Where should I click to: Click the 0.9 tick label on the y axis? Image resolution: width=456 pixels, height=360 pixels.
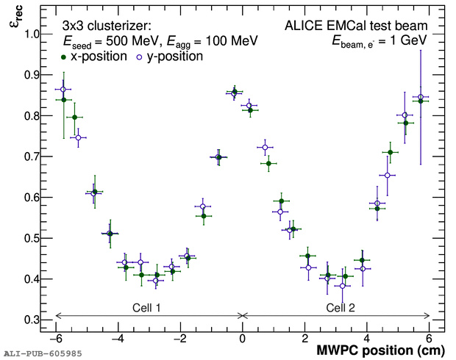point(33,75)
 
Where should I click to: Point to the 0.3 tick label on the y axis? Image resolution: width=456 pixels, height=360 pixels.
point(33,320)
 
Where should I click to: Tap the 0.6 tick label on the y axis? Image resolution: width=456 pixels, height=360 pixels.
point(33,198)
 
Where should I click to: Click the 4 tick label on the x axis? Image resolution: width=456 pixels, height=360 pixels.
point(368,339)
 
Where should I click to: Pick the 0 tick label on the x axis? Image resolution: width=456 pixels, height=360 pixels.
point(243,339)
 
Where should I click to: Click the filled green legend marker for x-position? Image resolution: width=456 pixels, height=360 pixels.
point(64,57)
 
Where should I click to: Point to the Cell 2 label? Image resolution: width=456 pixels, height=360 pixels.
point(341,307)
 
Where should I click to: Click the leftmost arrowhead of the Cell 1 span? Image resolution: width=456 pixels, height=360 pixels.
point(57,316)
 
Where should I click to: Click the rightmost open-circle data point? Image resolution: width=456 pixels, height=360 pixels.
point(421,97)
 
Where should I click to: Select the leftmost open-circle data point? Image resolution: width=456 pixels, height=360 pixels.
point(63,90)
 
